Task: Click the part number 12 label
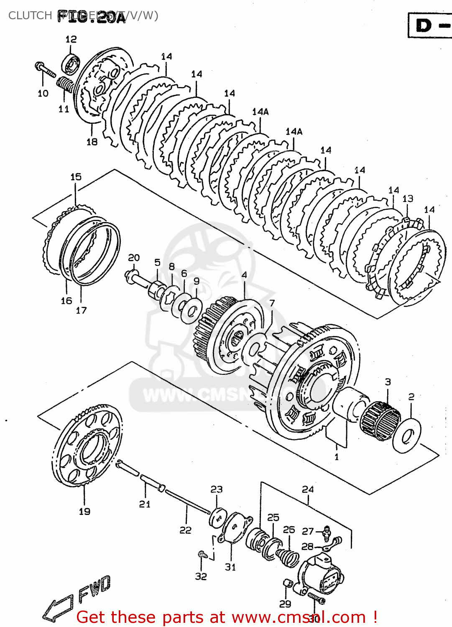(71, 39)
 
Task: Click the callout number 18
(92, 142)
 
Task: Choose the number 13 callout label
(408, 199)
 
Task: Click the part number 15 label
(76, 177)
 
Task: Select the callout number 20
(134, 258)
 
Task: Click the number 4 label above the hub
(244, 275)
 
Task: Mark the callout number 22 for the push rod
(186, 530)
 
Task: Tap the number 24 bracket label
(308, 489)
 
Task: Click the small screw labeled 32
(202, 554)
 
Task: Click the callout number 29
(285, 604)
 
